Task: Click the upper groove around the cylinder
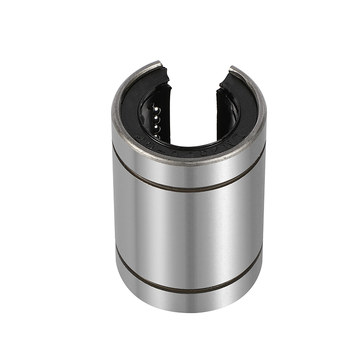click(x=189, y=187)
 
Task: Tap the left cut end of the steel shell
click(x=153, y=64)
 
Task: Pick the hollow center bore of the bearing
click(x=193, y=121)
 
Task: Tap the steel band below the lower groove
click(x=189, y=304)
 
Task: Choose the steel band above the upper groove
click(x=189, y=173)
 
